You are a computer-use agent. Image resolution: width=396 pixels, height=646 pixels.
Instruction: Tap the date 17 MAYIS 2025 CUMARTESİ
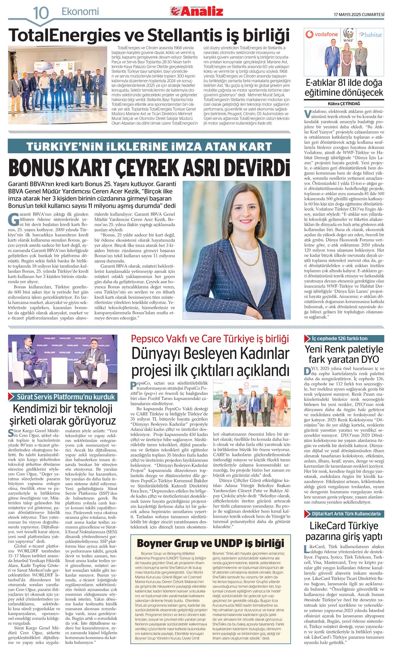[x=359, y=14]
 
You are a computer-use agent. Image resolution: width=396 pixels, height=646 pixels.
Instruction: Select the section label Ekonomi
[x=80, y=12]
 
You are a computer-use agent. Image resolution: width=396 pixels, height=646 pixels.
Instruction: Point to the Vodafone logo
[x=322, y=34]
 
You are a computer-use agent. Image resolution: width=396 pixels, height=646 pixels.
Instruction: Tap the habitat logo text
[x=370, y=35]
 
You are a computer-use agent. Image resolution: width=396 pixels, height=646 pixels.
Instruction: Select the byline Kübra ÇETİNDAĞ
[x=344, y=104]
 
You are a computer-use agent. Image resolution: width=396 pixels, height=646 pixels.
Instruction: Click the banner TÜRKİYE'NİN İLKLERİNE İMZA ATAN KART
[x=149, y=146]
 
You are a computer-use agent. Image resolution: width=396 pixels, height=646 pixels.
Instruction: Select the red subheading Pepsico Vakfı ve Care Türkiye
[x=210, y=339]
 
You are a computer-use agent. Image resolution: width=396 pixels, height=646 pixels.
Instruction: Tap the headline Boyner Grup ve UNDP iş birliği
[x=210, y=543]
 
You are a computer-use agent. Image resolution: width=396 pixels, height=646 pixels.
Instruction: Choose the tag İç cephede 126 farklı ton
[x=339, y=338]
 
